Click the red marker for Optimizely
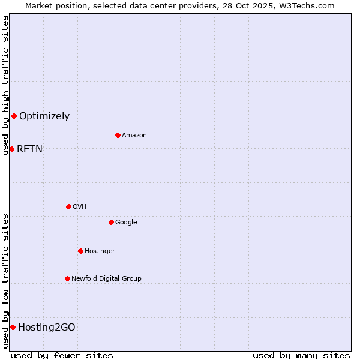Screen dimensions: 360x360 [x=14, y=116]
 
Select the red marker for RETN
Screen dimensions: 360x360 [x=11, y=149]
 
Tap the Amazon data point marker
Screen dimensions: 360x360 [x=118, y=135]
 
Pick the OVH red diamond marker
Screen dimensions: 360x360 [x=68, y=206]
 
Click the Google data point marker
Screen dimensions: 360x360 [x=111, y=222]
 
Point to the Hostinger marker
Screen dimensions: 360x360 [x=80, y=251]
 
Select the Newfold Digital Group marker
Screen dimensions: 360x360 [x=67, y=278]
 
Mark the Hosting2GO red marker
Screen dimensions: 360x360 [x=13, y=327]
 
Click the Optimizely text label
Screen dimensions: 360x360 [x=44, y=116]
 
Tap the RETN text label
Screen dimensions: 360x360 [x=29, y=149]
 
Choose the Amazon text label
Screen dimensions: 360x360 [x=134, y=136]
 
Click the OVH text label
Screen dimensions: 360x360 [x=80, y=207]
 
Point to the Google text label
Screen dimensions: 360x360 [x=126, y=223]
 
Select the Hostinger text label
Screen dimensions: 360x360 [x=100, y=251]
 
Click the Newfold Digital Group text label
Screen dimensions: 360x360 [x=106, y=279]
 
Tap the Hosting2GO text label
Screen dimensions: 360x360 [x=47, y=328]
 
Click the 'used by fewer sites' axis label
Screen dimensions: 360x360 [x=62, y=355]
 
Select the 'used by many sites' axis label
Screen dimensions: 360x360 [x=301, y=355]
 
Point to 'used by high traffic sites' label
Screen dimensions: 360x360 [x=5, y=85]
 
